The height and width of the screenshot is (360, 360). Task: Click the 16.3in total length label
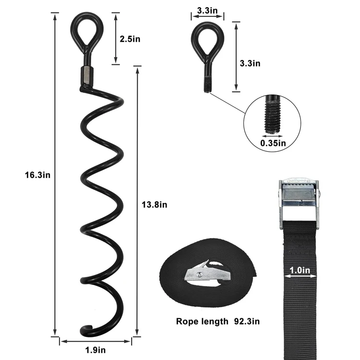point(37,175)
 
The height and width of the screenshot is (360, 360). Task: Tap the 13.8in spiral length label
point(155,205)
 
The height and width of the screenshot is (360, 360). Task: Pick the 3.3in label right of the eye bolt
point(250,63)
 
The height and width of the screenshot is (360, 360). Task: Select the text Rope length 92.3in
point(215,321)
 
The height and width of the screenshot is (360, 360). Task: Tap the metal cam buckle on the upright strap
point(300,198)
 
